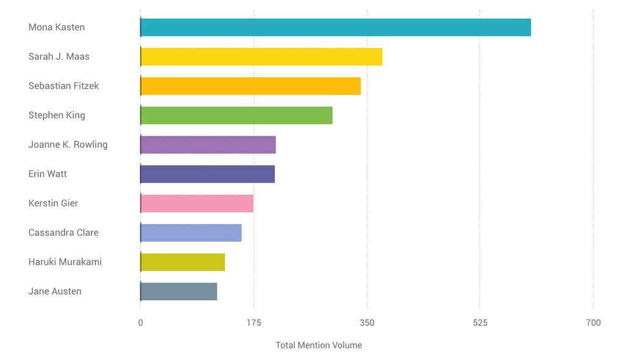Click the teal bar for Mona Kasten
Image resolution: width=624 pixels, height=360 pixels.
[335, 27]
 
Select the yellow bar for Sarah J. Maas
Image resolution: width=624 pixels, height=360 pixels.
[261, 57]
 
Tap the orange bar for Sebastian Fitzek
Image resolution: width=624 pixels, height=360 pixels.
[250, 86]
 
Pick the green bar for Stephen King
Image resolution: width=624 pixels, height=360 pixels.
[236, 115]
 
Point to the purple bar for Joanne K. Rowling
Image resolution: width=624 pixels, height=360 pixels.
[208, 144]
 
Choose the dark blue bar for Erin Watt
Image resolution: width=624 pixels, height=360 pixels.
[207, 174]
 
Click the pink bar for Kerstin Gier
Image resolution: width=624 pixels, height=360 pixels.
[197, 203]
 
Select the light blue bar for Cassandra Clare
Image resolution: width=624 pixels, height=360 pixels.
[191, 233]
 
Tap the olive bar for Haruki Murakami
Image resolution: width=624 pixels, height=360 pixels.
[182, 262]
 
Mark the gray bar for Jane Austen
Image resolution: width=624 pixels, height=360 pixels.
[179, 291]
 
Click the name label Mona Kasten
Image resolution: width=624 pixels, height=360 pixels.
[57, 27]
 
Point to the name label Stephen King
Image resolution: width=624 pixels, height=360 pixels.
[57, 115]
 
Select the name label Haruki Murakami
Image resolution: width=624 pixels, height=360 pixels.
[65, 262]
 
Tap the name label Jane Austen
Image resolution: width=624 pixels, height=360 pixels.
[55, 291]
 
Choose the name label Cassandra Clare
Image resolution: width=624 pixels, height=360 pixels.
[63, 233]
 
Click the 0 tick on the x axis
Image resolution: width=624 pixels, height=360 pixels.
[141, 323]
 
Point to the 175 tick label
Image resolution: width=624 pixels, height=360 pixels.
[254, 323]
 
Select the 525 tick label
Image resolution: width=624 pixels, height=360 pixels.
[480, 323]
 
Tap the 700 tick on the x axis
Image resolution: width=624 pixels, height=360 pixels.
[593, 323]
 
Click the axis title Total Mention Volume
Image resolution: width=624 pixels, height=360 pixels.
[319, 345]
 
